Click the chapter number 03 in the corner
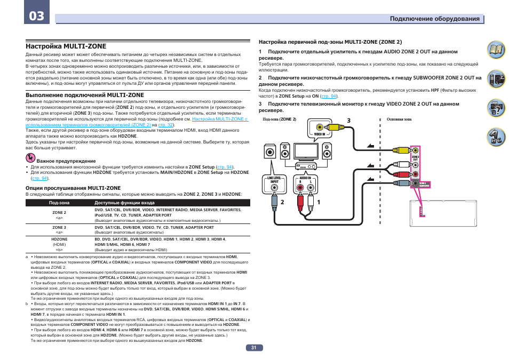pos(37,15)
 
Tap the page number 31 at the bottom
pos(254,347)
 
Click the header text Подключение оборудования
pos(434,19)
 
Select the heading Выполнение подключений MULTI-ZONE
pos(85,95)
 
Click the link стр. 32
pos(166,124)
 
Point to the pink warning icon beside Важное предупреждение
pos(30,158)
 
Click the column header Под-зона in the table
pos(59,203)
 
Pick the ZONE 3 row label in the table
pos(59,227)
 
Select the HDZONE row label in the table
pos(59,239)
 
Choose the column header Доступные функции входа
pos(124,203)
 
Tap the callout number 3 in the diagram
pos(348,121)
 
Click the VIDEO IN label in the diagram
pos(319,134)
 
